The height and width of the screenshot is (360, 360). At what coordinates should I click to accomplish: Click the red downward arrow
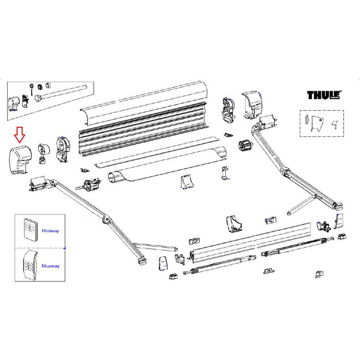tap(20, 135)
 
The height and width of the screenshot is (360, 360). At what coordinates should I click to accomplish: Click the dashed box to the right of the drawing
tap(320, 123)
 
